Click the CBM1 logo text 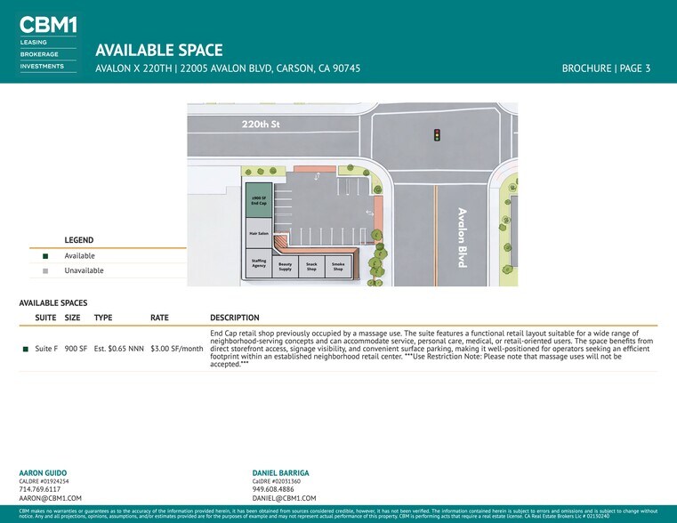click(47, 24)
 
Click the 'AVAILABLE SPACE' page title click(158, 51)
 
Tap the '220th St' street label click(261, 125)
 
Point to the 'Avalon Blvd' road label click(462, 237)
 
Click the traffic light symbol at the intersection click(437, 135)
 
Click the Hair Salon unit click(259, 234)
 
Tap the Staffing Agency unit click(259, 263)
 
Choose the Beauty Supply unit click(285, 266)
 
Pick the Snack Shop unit click(311, 266)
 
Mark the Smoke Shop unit click(338, 266)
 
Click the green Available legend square click(45, 256)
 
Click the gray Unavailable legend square click(45, 270)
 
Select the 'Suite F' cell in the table click(46, 349)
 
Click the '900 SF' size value click(76, 349)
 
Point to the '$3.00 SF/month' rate click(177, 349)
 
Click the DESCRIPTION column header click(235, 318)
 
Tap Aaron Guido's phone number click(39, 489)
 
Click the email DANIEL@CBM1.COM click(284, 499)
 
